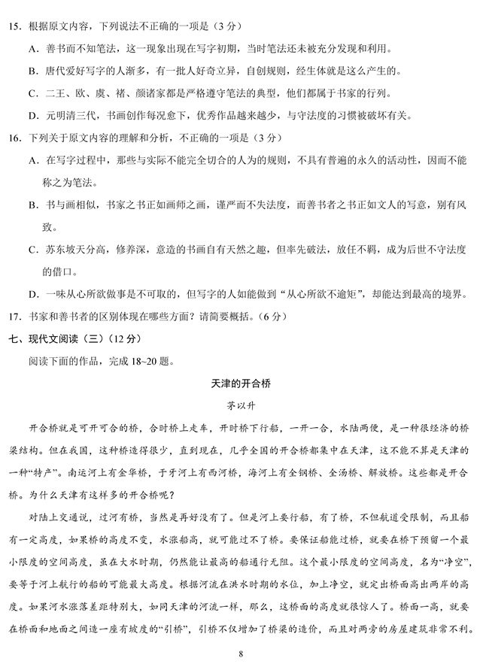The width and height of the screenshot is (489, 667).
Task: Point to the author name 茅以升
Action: point(244,405)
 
